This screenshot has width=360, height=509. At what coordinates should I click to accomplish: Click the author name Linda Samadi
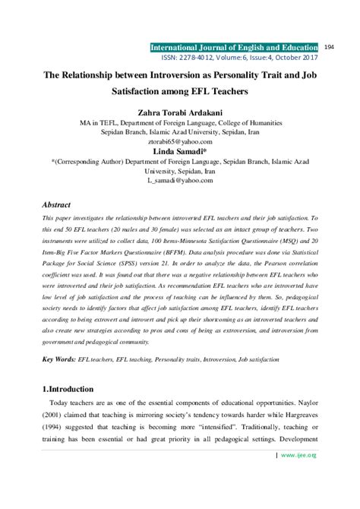click(179, 151)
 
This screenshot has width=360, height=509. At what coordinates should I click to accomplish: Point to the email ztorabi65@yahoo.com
click(179, 141)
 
